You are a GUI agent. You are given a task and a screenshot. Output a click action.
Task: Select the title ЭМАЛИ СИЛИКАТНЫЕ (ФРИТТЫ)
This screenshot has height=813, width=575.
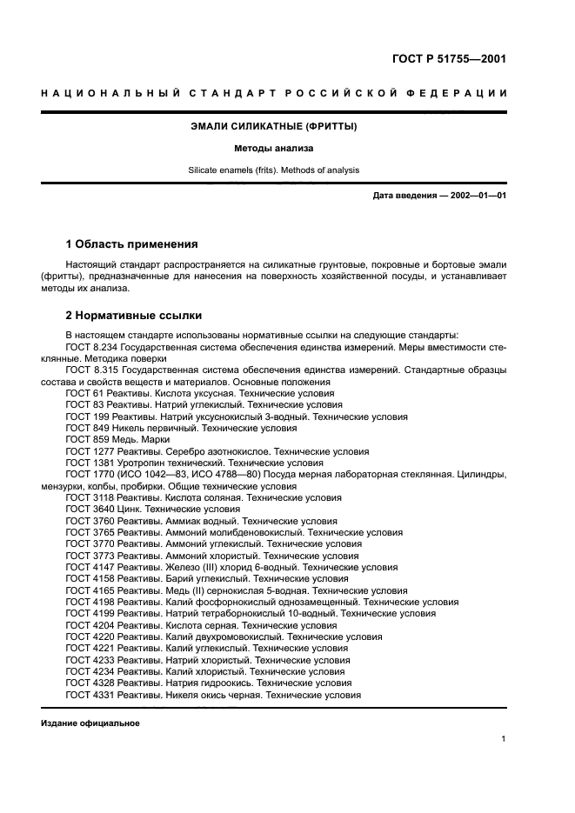274,127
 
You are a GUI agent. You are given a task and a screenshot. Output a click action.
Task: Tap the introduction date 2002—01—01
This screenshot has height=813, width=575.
477,196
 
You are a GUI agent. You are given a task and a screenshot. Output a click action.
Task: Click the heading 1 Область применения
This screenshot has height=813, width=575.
132,244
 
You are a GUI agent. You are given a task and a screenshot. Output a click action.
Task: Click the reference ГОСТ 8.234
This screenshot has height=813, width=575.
94,347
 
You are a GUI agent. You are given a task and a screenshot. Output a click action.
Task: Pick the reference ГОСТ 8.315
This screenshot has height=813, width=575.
94,370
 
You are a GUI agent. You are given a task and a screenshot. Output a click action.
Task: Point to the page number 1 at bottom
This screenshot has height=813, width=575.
504,739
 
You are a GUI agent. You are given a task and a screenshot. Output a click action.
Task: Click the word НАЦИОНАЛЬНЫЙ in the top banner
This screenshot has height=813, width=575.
104,94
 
